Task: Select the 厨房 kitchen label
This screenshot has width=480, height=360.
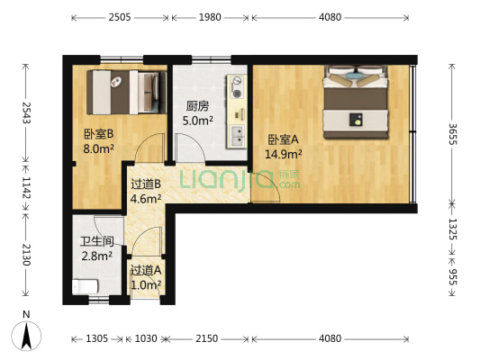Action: click(198, 104)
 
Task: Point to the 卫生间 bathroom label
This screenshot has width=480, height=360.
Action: click(95, 241)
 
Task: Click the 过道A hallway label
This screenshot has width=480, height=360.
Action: click(145, 270)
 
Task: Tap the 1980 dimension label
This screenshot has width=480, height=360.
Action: click(210, 16)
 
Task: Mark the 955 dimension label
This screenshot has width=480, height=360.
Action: click(453, 278)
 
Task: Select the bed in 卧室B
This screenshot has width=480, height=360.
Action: click(126, 87)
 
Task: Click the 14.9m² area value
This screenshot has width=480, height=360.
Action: click(283, 154)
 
